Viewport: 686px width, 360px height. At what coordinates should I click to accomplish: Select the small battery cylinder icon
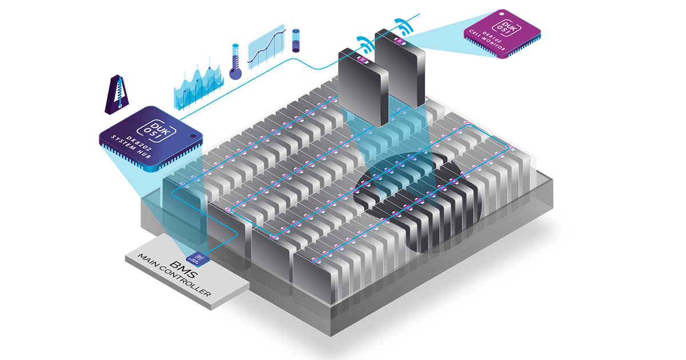coord(296,41)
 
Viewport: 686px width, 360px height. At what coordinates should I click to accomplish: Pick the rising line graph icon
coord(266,46)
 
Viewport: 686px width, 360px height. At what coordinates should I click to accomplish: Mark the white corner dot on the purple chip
coord(500,11)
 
